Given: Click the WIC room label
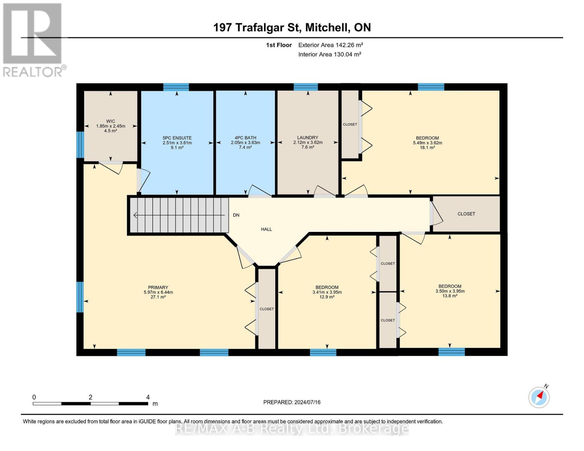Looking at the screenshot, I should pos(110,121).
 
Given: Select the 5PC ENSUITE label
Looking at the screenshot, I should pos(177,138).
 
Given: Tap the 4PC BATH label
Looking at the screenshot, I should pos(245,138).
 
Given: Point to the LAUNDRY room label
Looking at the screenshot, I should pos(308,138).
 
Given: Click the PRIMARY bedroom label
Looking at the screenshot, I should pos(158,288).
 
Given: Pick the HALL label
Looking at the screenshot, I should pos(266,229).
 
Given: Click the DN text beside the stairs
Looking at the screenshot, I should pos(236,215).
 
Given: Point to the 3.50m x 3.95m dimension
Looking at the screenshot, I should pos(450,291).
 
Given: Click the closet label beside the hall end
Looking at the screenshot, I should pos(466,214).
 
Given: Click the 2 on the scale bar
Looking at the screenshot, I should pos(91,397).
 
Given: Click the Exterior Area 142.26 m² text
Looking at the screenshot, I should pos(331,45).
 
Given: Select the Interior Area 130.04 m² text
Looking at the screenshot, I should pos(329,54).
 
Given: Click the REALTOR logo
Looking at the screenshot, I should pos(33,39).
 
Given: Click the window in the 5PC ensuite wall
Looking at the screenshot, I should pos(176,87).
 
